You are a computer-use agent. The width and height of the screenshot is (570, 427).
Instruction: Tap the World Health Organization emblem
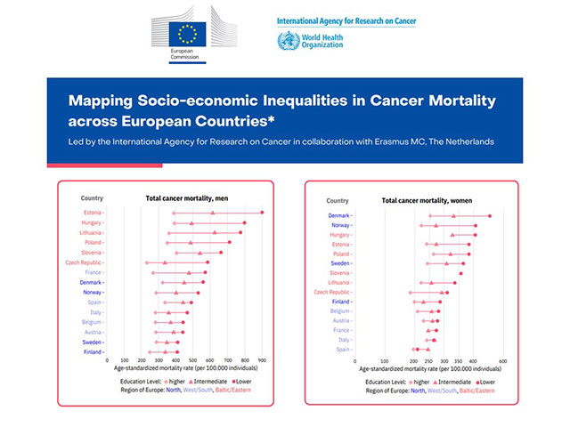point(287,42)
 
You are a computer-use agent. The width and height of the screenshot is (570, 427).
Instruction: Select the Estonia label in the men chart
point(92,213)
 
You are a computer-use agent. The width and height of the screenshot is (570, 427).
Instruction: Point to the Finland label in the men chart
point(93,352)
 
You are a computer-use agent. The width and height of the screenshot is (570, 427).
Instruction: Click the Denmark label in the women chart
point(340,215)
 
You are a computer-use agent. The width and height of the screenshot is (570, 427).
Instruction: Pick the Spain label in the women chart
point(344,350)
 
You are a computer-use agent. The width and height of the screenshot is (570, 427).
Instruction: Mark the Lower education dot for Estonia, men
point(262,213)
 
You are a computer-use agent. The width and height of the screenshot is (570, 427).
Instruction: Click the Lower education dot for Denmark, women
point(489,215)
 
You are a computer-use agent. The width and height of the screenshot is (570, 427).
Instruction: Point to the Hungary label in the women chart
point(339,235)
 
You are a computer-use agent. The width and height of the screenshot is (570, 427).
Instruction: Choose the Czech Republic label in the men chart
point(84,262)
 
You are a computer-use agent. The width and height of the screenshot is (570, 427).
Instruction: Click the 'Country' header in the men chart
point(92,197)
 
